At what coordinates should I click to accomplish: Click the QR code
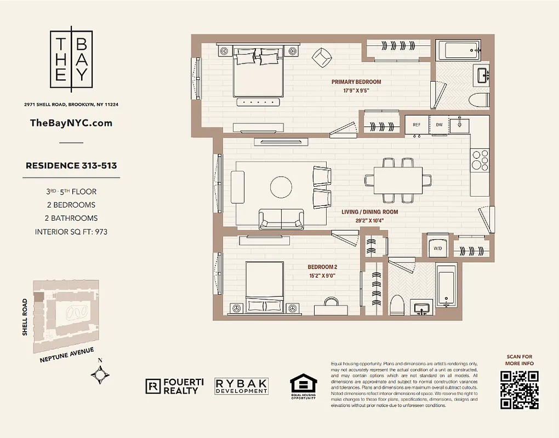tap(519, 390)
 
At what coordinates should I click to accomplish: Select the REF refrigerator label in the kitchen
tap(417, 125)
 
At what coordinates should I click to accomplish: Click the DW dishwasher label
tap(439, 125)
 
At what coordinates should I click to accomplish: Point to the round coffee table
tap(282, 187)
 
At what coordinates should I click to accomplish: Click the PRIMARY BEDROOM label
tap(356, 82)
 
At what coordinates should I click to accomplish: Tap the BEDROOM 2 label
tap(322, 267)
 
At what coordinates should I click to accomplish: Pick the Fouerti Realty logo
tap(174, 386)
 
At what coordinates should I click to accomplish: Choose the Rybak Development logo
tap(241, 387)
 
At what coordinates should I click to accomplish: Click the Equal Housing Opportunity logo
tap(303, 387)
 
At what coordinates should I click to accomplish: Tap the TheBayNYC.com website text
tap(71, 123)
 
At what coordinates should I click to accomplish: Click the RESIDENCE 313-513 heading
tap(71, 165)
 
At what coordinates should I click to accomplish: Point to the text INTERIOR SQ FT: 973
tap(71, 232)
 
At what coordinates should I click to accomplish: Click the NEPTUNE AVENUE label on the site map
tap(67, 355)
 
